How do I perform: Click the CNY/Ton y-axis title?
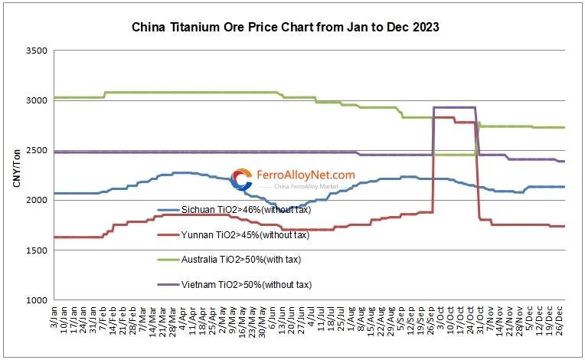(18, 175)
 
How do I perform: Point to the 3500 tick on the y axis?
(36, 51)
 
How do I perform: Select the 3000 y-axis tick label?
(36, 100)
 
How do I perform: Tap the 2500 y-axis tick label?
(36, 150)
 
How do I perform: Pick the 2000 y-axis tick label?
(36, 200)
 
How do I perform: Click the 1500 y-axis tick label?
(36, 250)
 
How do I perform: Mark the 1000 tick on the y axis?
(36, 300)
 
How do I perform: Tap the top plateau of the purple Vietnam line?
(455, 107)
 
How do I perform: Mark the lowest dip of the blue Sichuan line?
(283, 207)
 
